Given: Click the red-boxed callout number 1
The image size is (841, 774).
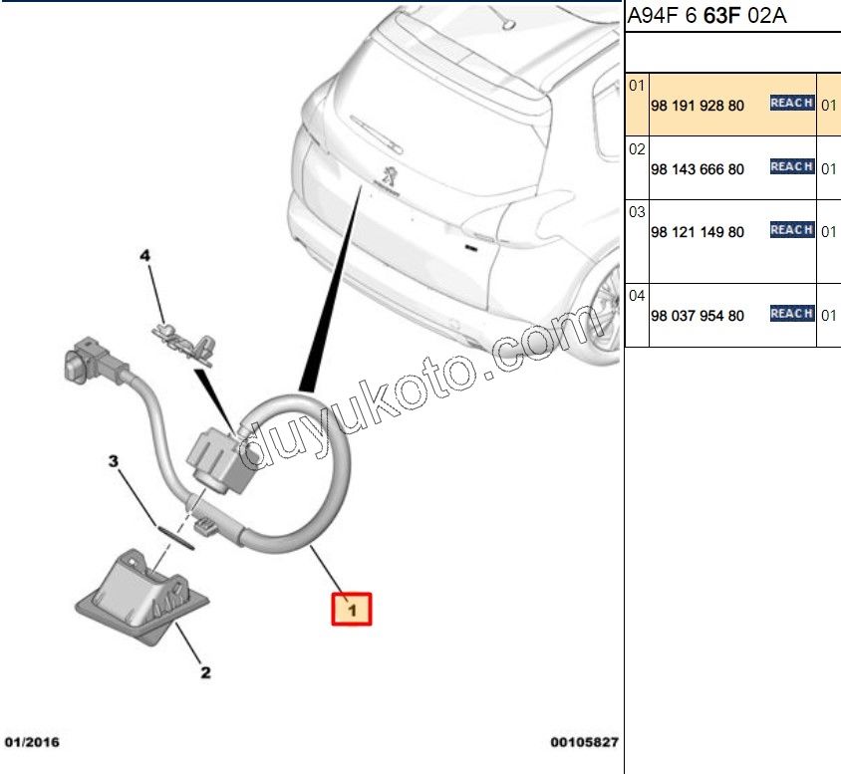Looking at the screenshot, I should pos(351,608).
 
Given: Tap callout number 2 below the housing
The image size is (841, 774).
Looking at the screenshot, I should pos(204,673).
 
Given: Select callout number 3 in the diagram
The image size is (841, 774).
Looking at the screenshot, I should pos(114,461).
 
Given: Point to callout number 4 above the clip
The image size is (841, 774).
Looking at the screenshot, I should pos(144,256).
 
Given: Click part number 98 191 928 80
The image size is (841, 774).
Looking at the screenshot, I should pos(697,105).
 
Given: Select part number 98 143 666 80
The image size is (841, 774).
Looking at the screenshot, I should pos(697,169).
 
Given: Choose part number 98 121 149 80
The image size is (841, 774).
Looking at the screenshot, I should pos(697,232).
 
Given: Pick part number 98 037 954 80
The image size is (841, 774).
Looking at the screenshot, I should pos(697,316).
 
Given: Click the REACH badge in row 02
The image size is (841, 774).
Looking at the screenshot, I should pos(792,167).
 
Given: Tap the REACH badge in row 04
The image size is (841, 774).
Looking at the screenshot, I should pos(792,314).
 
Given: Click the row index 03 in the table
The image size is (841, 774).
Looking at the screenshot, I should pos(638,212).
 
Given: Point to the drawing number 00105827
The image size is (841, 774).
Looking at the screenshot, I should pos(584,742).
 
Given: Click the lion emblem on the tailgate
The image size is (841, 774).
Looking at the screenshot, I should pos(389,175).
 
